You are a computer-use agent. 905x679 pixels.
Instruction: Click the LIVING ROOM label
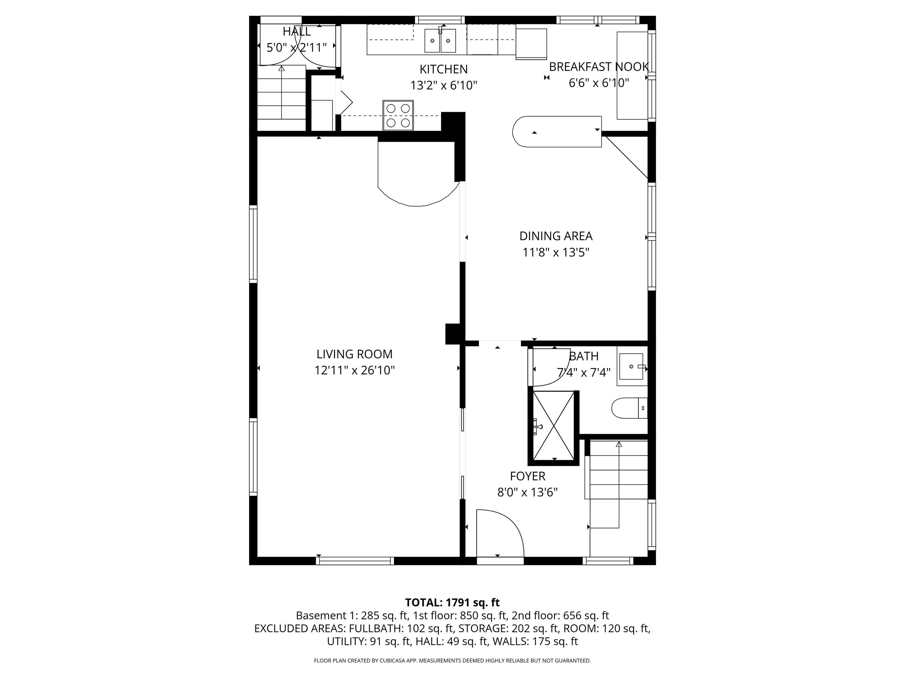[x=354, y=354]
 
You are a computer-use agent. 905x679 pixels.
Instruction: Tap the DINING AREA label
[x=556, y=236]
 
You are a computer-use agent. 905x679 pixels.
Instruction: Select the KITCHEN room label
[x=443, y=69]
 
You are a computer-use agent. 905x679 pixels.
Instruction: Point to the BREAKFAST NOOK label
[x=599, y=67]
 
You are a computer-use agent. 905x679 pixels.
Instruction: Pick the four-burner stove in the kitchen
[x=398, y=116]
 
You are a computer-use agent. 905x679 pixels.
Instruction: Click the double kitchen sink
[x=440, y=40]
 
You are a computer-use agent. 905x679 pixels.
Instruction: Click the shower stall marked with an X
[x=554, y=426]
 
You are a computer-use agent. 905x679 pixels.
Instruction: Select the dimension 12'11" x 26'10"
[x=354, y=370]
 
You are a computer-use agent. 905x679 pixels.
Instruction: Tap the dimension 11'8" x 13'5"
[x=556, y=253]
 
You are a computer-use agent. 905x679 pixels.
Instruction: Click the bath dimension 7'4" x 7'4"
[x=584, y=373]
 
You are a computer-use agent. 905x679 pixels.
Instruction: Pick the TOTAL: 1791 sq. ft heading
[x=452, y=602]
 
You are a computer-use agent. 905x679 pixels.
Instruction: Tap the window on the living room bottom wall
[x=355, y=561]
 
